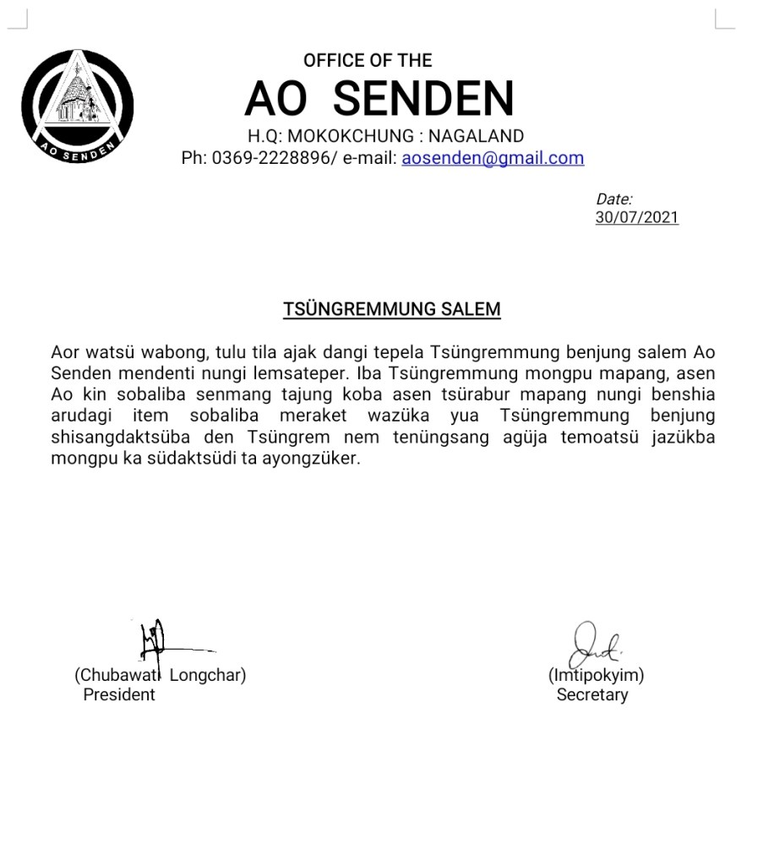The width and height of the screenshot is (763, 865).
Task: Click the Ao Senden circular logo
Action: pos(78,106)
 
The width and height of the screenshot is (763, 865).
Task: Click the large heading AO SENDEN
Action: pos(379,99)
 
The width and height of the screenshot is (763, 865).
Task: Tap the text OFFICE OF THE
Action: pos(368,61)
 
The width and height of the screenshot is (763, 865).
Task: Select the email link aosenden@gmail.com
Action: pos(493,158)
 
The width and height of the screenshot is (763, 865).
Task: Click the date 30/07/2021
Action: pos(636,217)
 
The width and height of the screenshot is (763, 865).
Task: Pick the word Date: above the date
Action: pos(614,199)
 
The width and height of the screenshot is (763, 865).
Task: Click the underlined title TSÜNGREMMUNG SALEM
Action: pos(392,309)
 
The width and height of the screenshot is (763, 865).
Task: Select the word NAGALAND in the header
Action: pos(476,136)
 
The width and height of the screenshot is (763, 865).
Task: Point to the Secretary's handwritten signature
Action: pos(594,646)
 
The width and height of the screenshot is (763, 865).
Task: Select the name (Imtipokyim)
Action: pos(596,676)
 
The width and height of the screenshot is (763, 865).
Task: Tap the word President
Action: pos(119,694)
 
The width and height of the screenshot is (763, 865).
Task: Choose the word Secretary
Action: pos(591,694)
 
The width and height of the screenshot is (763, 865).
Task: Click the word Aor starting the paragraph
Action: pos(64,351)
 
